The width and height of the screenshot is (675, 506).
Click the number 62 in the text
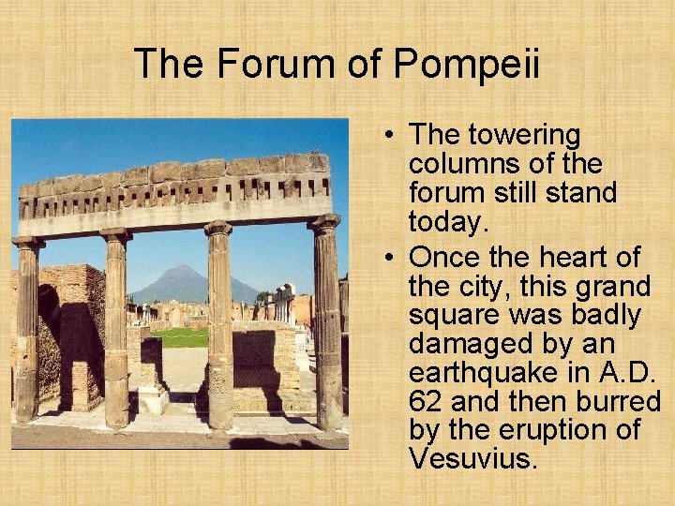pyautogui.click(x=427, y=400)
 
